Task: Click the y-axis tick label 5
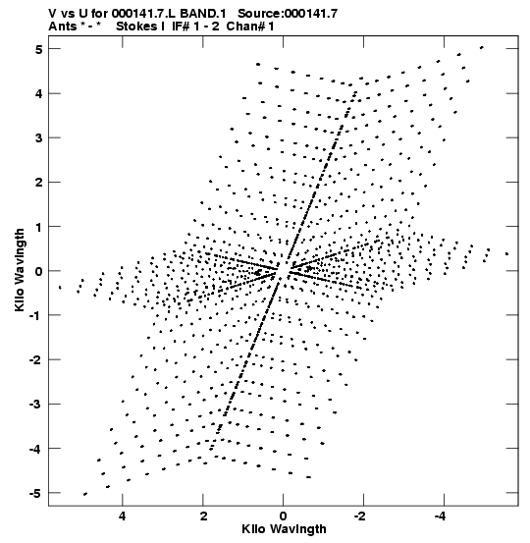38,49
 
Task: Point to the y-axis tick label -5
35,493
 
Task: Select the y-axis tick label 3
38,137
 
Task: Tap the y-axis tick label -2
35,360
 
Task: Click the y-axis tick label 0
38,271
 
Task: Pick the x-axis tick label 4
123,516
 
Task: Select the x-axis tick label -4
441,516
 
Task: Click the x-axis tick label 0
284,516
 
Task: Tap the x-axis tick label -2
360,516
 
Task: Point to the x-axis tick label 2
203,516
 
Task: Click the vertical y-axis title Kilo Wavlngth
20,270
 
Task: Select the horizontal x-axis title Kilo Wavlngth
284,529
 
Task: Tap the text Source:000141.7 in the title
288,14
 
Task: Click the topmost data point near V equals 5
482,47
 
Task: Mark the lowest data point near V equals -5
85,494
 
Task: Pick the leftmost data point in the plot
60,287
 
